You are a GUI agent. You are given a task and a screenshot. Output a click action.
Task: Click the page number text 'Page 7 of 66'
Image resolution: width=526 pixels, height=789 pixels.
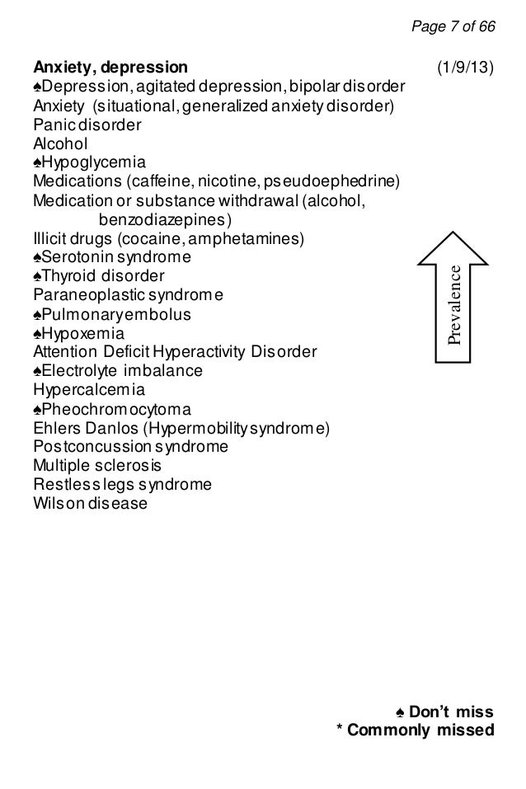(453, 27)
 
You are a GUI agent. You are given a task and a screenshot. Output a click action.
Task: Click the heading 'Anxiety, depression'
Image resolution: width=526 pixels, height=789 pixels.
(110, 67)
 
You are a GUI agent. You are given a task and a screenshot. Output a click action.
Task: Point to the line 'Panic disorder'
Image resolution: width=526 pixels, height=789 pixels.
(87, 125)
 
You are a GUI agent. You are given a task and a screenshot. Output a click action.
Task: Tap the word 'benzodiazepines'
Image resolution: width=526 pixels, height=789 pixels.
(165, 219)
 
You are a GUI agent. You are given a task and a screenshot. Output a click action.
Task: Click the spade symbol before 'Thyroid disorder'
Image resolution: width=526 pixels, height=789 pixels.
(37, 276)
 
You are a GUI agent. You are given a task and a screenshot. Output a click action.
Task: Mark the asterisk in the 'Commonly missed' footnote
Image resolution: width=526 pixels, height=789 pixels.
(340, 729)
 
